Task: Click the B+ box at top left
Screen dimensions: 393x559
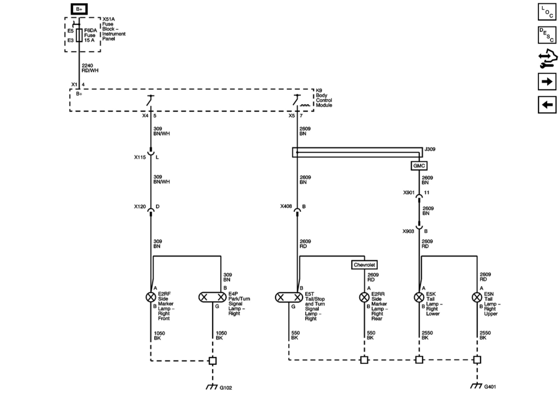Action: [79, 9]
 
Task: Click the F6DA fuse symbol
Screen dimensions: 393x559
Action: [79, 35]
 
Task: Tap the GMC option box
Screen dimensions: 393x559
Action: [419, 166]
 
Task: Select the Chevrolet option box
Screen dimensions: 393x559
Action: [364, 265]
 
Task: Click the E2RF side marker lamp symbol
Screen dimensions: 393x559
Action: [151, 297]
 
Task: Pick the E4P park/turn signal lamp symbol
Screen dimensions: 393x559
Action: [212, 297]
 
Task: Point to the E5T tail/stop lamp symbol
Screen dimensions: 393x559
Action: [289, 298]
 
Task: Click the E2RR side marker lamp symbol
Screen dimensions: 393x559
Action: [364, 297]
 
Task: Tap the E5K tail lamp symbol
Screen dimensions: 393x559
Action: [419, 297]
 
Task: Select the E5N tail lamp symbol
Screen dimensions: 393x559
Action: [477, 297]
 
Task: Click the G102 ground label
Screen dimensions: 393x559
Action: [226, 388]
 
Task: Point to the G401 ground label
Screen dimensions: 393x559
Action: [490, 387]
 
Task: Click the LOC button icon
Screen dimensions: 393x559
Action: [547, 12]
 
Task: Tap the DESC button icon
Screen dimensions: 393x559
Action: [547, 35]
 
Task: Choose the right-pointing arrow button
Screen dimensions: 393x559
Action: [547, 81]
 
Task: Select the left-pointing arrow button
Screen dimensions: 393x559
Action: [547, 105]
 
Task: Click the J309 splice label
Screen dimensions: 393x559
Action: [430, 149]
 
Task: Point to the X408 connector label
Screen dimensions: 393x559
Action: [286, 206]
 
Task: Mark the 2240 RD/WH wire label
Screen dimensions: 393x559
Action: [90, 68]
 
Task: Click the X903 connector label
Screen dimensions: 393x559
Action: [408, 231]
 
